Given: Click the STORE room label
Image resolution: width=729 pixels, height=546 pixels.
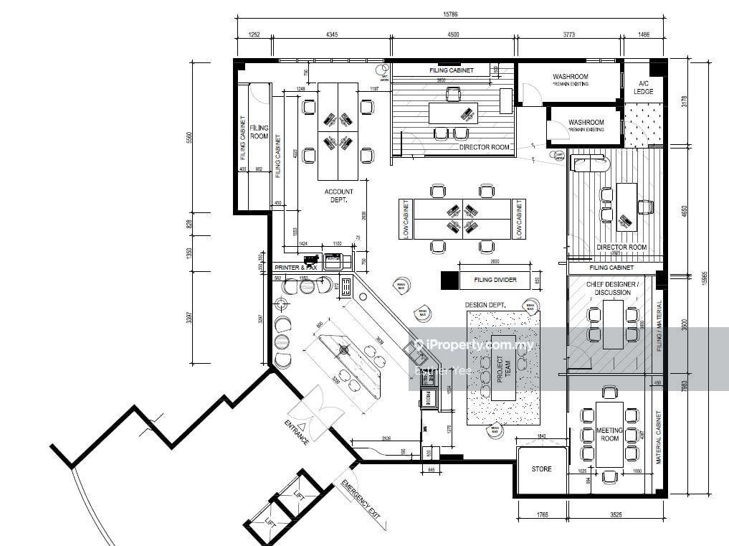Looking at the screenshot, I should point(541,469).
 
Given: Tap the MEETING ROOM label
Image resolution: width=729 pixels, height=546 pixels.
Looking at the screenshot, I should point(609,435).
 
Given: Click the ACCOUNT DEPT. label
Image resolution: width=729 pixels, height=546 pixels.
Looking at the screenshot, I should point(338,196).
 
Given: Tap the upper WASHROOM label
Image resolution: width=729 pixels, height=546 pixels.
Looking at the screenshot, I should point(570,77).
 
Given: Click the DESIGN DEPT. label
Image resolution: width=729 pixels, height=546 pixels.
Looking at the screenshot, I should point(485,305).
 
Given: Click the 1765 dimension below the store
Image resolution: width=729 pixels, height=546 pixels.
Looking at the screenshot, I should point(541,514).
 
